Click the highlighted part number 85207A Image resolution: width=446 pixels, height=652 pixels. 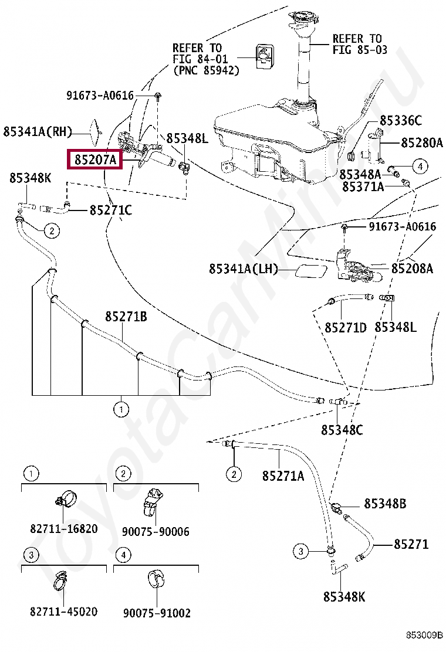[x=95, y=159]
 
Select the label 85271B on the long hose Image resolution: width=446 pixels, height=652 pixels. [x=126, y=317]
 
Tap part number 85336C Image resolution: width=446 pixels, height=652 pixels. [x=400, y=121]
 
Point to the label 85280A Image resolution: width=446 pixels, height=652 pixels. [x=421, y=142]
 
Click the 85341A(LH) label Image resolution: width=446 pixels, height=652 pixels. [x=243, y=269]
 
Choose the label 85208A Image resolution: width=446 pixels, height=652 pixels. [x=412, y=269]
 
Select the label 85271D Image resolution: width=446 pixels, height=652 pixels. [x=345, y=327]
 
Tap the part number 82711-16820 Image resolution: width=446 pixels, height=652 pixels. [x=64, y=529]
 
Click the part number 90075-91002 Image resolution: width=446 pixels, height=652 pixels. [x=157, y=613]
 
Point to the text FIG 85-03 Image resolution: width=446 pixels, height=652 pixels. [x=360, y=50]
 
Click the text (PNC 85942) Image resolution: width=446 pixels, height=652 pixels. [x=206, y=70]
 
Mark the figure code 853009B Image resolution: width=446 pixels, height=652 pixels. [x=425, y=635]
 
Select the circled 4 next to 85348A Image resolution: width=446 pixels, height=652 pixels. [x=420, y=167]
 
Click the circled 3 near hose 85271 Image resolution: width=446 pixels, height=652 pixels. [x=300, y=551]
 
